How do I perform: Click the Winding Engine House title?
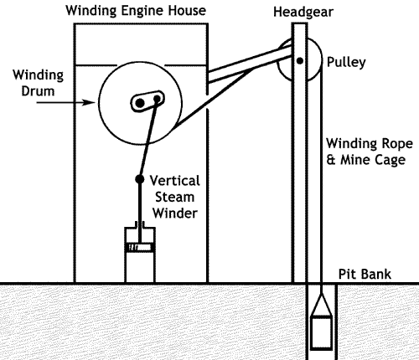(x=136, y=11)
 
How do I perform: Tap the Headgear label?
(x=303, y=12)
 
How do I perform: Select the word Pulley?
(x=346, y=62)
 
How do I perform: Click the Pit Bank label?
(x=365, y=274)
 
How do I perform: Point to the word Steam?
(x=174, y=197)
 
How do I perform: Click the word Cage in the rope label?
(x=391, y=160)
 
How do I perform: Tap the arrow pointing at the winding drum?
(x=66, y=102)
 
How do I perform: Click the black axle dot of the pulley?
(x=300, y=60)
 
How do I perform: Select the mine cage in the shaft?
(x=322, y=332)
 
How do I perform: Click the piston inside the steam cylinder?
(x=140, y=247)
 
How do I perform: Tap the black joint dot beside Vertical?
(x=140, y=179)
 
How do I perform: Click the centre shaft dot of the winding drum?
(x=140, y=103)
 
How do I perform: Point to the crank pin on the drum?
(x=157, y=99)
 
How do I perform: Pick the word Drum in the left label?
(x=38, y=91)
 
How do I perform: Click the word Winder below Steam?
(x=175, y=213)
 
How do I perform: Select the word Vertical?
(x=175, y=181)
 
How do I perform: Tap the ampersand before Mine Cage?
(x=331, y=160)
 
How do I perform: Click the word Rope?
(x=397, y=144)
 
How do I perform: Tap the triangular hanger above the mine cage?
(x=322, y=305)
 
